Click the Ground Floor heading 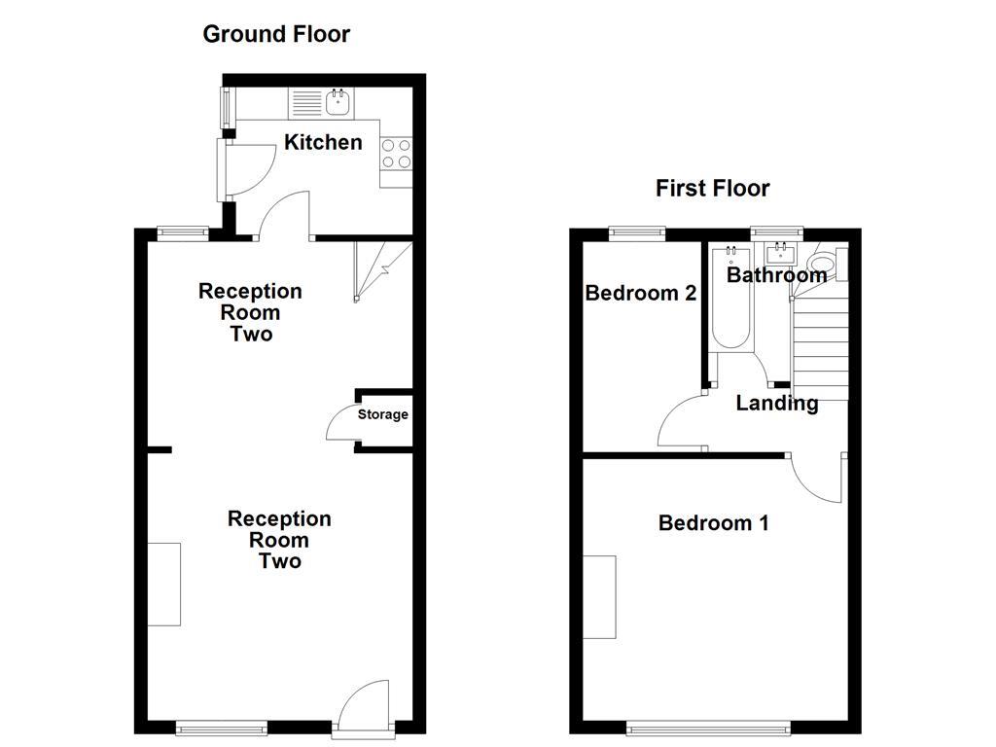point(275,34)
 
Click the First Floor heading point(712,188)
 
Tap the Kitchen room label point(323,142)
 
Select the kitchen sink point(339,100)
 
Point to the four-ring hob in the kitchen point(396,153)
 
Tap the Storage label point(382,414)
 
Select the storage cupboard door point(342,420)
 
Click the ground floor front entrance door point(364,705)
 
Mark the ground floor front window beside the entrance point(221,726)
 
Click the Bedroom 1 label point(713,523)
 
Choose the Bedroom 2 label point(640,293)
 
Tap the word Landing point(776,403)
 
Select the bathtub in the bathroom point(730,300)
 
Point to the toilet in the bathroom point(822,262)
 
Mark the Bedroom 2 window point(637,232)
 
